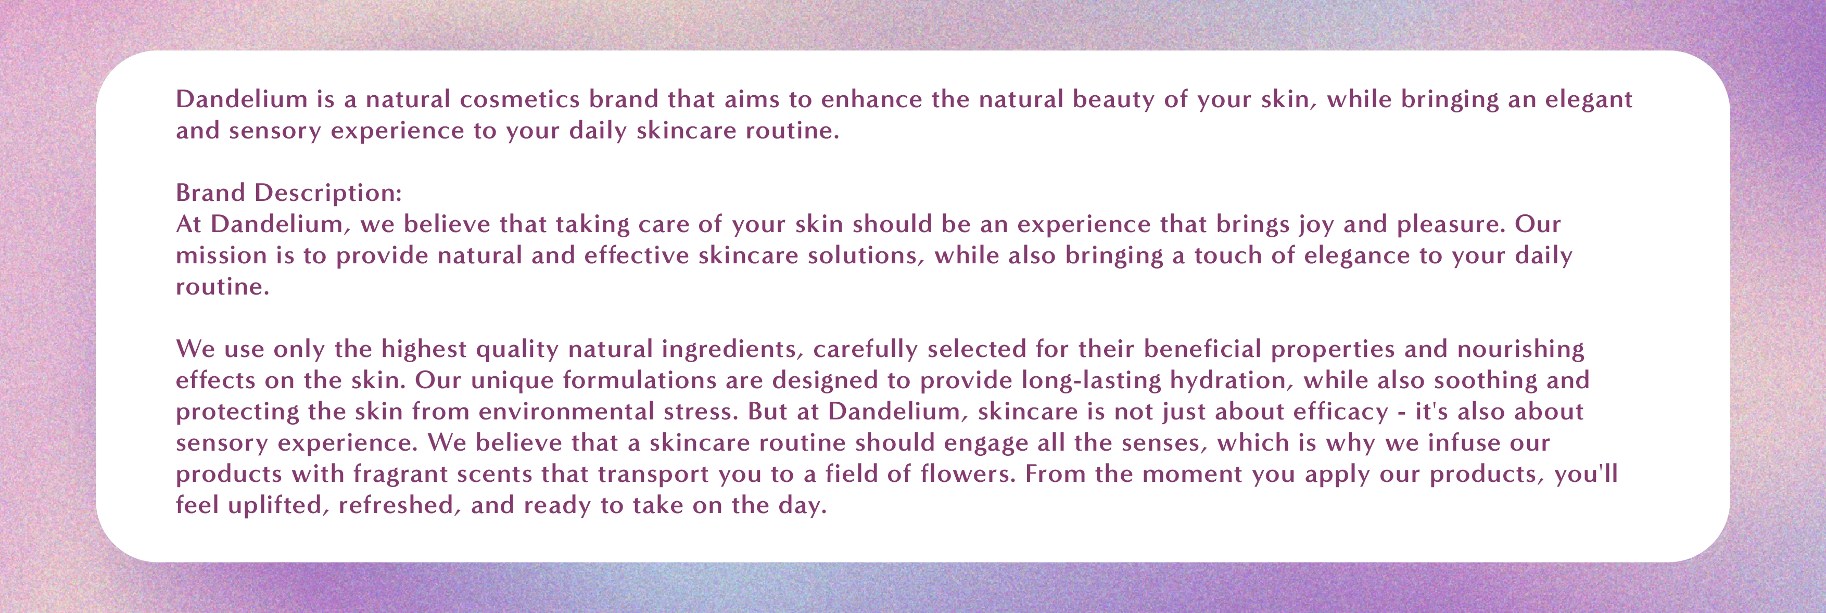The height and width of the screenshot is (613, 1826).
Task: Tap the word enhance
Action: click(x=872, y=99)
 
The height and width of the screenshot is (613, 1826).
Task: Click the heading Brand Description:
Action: click(x=288, y=193)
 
